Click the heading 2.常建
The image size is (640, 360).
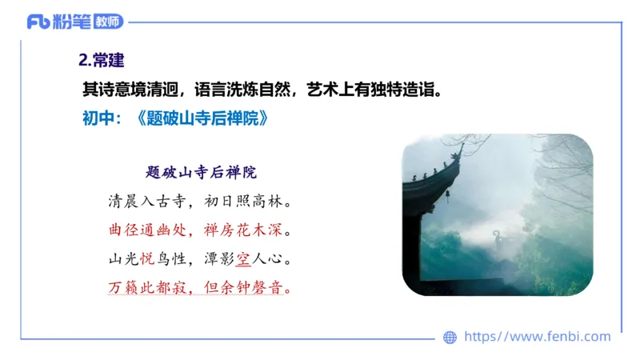101,61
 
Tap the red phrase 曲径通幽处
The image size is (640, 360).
146,230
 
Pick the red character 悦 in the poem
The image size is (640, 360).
147,259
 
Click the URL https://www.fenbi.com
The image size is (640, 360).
538,337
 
